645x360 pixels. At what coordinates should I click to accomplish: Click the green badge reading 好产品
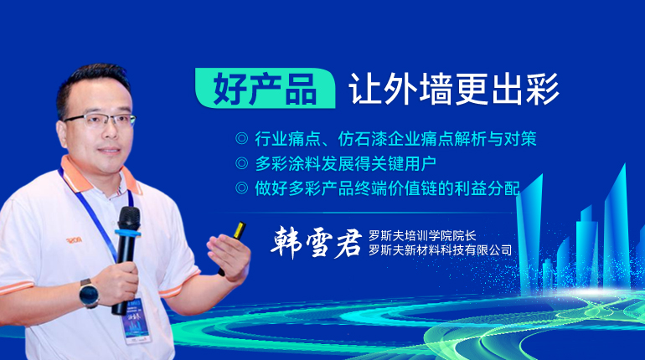pyautogui.click(x=266, y=88)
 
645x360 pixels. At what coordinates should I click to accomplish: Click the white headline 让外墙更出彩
pyautogui.click(x=453, y=89)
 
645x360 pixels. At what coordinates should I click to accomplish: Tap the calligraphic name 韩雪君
pyautogui.click(x=316, y=243)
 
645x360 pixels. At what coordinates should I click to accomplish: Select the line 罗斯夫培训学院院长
pyautogui.click(x=422, y=236)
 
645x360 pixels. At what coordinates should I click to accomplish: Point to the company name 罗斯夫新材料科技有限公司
pyautogui.click(x=440, y=249)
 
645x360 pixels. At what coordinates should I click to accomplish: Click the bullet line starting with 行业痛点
pyautogui.click(x=395, y=139)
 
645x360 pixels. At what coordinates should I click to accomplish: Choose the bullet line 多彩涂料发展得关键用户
pyautogui.click(x=345, y=163)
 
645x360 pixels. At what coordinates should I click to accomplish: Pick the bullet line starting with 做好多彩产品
pyautogui.click(x=388, y=188)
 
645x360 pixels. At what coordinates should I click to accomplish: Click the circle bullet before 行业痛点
pyautogui.click(x=241, y=138)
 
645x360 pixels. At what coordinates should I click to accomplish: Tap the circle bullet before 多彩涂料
pyautogui.click(x=241, y=163)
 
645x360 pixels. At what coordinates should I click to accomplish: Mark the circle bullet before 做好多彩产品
pyautogui.click(x=241, y=188)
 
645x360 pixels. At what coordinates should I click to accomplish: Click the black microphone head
pyautogui.click(x=129, y=219)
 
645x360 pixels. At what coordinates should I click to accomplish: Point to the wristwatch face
pyautogui.click(x=89, y=294)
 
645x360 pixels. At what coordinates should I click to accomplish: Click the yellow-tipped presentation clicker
pyautogui.click(x=232, y=248)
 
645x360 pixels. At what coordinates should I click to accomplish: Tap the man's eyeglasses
pyautogui.click(x=101, y=119)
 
